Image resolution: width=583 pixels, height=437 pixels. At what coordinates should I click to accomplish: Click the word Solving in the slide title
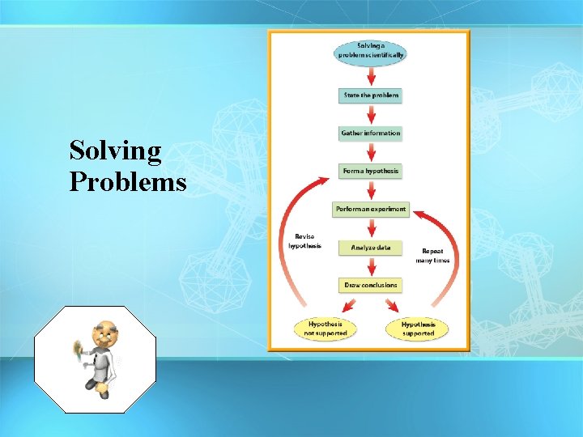point(115,151)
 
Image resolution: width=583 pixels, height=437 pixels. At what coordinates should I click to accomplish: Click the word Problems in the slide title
point(128,182)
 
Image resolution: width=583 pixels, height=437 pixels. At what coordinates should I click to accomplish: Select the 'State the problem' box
point(370,95)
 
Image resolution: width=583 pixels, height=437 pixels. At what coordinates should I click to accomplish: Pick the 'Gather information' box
point(370,133)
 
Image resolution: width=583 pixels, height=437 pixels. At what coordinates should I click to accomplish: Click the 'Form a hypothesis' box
point(370,171)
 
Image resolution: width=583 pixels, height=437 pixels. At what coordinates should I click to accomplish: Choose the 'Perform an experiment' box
point(370,209)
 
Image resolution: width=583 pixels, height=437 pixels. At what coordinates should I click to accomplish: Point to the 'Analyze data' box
point(370,247)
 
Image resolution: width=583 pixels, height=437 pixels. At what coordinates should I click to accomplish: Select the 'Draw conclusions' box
point(370,285)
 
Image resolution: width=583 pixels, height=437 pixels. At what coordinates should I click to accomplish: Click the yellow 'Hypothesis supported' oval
point(418,329)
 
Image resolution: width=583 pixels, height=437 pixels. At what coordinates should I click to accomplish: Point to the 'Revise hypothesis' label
point(304,241)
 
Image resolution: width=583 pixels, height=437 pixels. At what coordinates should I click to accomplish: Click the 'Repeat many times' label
point(432,256)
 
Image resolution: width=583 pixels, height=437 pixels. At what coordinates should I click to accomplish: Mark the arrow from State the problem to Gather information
point(370,114)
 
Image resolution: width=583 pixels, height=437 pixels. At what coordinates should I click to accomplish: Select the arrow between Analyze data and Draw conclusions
point(370,266)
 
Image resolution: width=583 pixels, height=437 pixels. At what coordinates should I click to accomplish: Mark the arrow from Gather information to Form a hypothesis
point(370,152)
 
